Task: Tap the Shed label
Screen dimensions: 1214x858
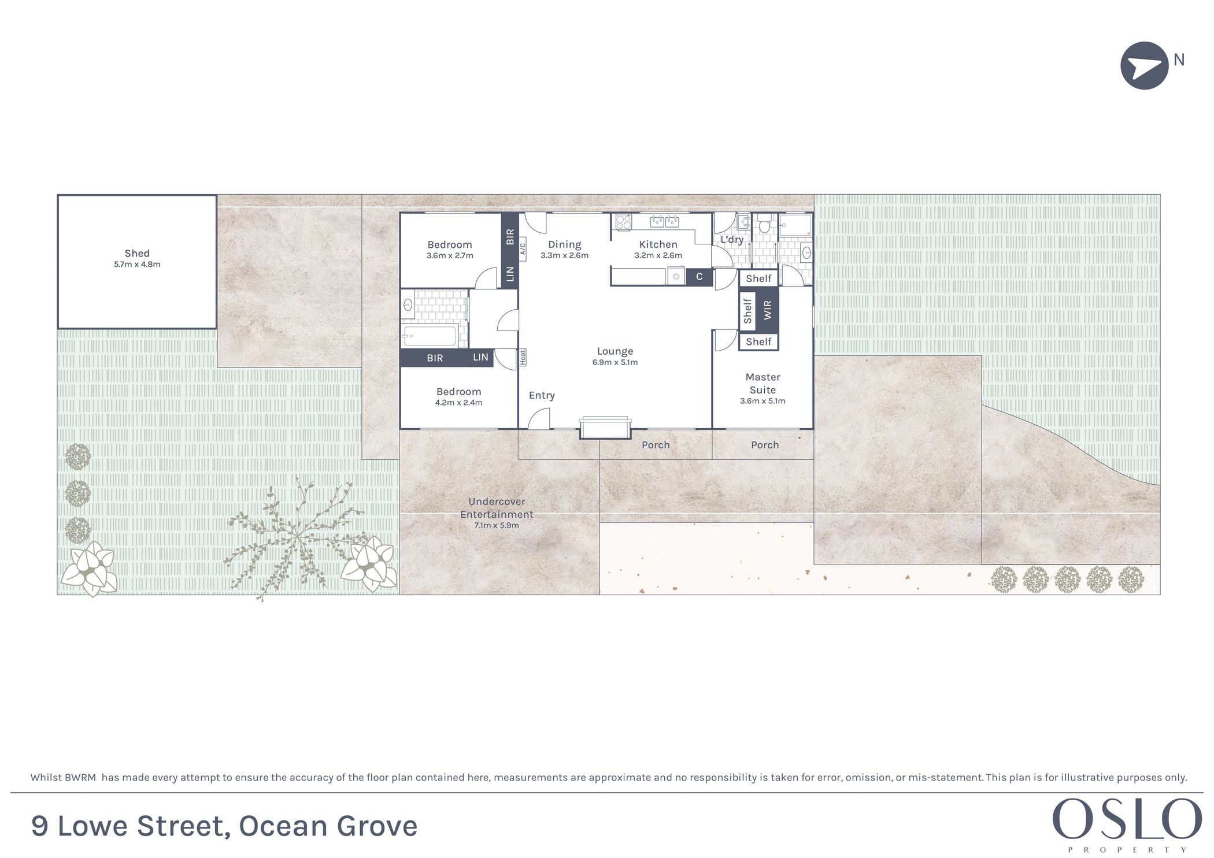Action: pyautogui.click(x=137, y=253)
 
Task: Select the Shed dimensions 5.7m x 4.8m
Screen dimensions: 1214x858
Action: pyautogui.click(x=137, y=265)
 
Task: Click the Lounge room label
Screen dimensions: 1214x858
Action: pyautogui.click(x=615, y=351)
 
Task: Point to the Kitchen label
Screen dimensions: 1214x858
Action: pyautogui.click(x=658, y=244)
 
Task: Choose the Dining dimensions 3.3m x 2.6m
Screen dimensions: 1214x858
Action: pyautogui.click(x=564, y=255)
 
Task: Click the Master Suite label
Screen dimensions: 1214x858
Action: pyautogui.click(x=763, y=384)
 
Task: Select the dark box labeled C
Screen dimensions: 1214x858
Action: pyautogui.click(x=699, y=277)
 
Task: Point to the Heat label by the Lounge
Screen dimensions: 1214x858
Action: pyautogui.click(x=523, y=357)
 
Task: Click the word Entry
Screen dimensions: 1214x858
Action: pyautogui.click(x=542, y=395)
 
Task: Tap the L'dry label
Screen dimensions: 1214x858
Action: pyautogui.click(x=732, y=239)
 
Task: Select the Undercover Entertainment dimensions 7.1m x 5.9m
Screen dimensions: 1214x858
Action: pyautogui.click(x=497, y=526)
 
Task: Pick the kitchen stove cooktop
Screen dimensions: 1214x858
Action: pyautogui.click(x=623, y=222)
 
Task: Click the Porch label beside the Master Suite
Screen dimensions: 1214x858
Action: pyautogui.click(x=765, y=445)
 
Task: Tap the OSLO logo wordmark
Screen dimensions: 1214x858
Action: pyautogui.click(x=1127, y=819)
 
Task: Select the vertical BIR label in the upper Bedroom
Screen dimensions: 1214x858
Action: pyautogui.click(x=510, y=236)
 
